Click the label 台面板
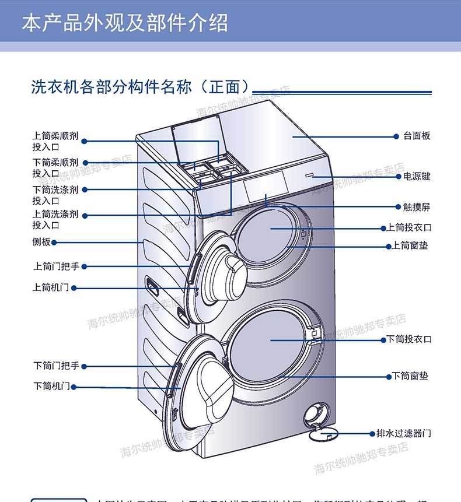[x=417, y=136]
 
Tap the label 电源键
[x=417, y=176]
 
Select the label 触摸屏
[x=417, y=207]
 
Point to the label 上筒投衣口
[x=408, y=227]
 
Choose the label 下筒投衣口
[x=408, y=339]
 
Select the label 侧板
[x=41, y=242]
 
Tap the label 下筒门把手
[x=55, y=366]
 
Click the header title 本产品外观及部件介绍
[x=124, y=24]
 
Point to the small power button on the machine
[x=309, y=174]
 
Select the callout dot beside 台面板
[x=396, y=136]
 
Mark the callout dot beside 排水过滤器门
[x=371, y=433]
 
